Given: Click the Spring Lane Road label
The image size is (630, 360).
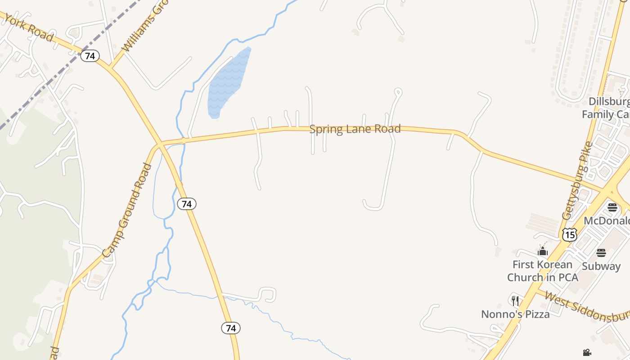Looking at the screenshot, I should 355,130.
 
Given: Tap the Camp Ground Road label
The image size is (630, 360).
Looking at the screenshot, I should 127,210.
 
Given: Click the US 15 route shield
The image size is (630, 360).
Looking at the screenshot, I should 569,234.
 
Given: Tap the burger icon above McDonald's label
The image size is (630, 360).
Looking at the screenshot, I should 612,207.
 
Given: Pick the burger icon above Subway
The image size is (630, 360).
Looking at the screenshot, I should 601,253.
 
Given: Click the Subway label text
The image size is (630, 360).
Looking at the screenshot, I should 601,266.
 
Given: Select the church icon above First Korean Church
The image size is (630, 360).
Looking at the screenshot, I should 543,251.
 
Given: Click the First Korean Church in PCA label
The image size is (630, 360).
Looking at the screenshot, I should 543,271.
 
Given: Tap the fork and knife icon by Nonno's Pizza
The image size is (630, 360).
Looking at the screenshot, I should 515,301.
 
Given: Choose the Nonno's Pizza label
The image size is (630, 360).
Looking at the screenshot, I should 516,314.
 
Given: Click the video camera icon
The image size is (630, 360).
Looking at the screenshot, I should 587,352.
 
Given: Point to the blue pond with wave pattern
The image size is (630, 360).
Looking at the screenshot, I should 227,83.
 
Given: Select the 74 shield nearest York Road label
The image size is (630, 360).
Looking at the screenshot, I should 90,56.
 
